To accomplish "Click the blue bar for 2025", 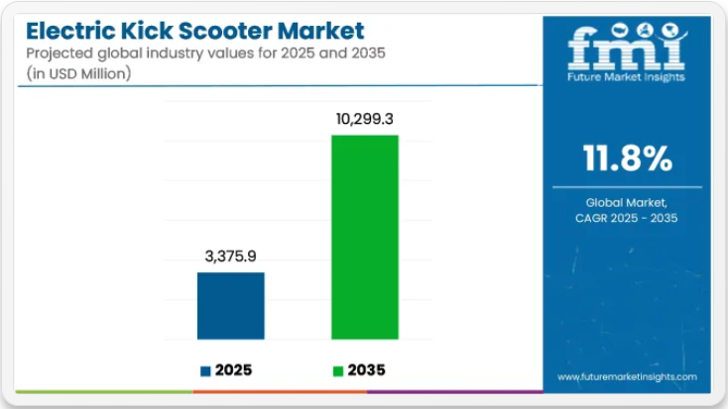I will (231, 306).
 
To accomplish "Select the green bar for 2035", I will (364, 238).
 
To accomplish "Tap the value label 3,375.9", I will (230, 255).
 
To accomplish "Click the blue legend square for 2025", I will (205, 370).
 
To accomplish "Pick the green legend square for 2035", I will (338, 370).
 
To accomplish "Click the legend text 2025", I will (235, 370).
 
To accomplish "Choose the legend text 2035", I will (367, 370).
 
